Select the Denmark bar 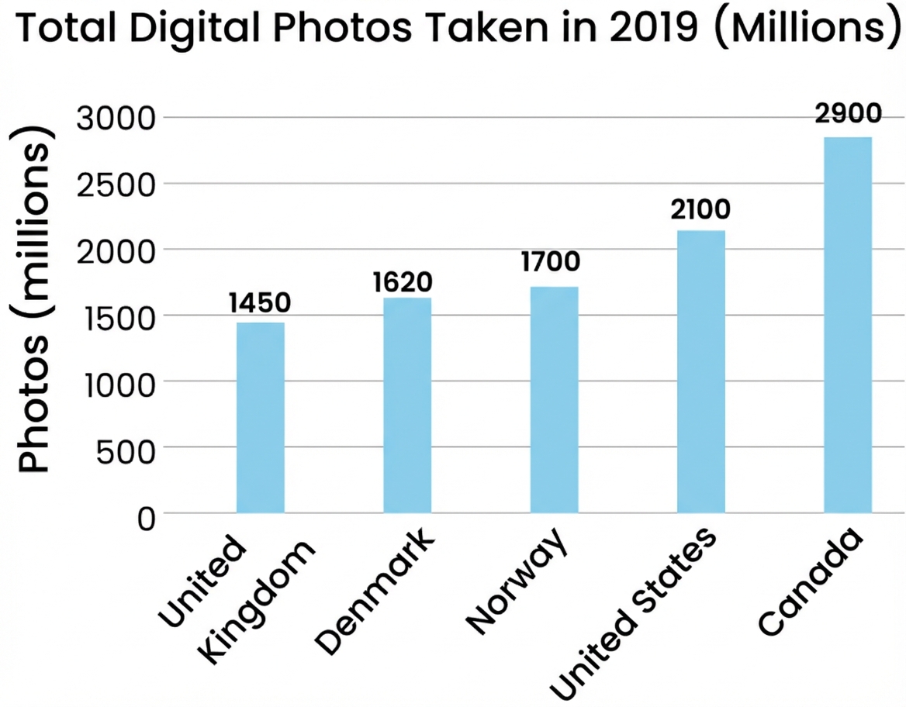point(407,405)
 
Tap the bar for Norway point(554,399)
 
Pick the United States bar point(701,371)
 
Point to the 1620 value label point(402,282)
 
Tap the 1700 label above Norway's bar point(551,263)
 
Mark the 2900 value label point(848,114)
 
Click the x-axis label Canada point(811,584)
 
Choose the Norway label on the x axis point(518,584)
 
